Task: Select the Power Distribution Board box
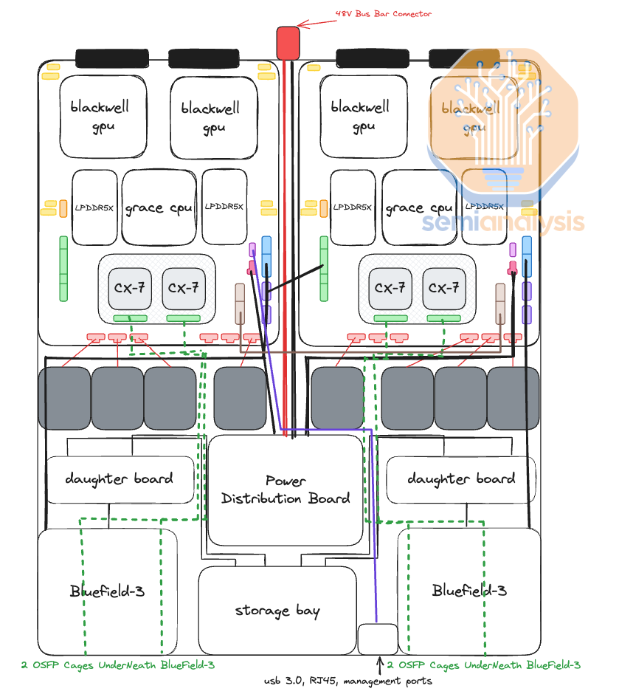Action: click(x=286, y=490)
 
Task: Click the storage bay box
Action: click(x=277, y=611)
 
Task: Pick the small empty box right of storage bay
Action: click(x=378, y=639)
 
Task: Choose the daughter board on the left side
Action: click(x=120, y=479)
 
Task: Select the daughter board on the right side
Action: click(x=460, y=479)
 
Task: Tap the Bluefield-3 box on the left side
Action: click(x=108, y=591)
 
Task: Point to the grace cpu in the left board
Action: click(x=159, y=207)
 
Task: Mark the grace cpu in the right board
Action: click(x=419, y=207)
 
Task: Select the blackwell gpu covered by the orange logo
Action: click(x=471, y=118)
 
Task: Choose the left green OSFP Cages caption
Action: click(x=118, y=665)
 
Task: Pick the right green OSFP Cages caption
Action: click(x=484, y=665)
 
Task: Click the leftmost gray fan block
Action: click(x=63, y=398)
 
